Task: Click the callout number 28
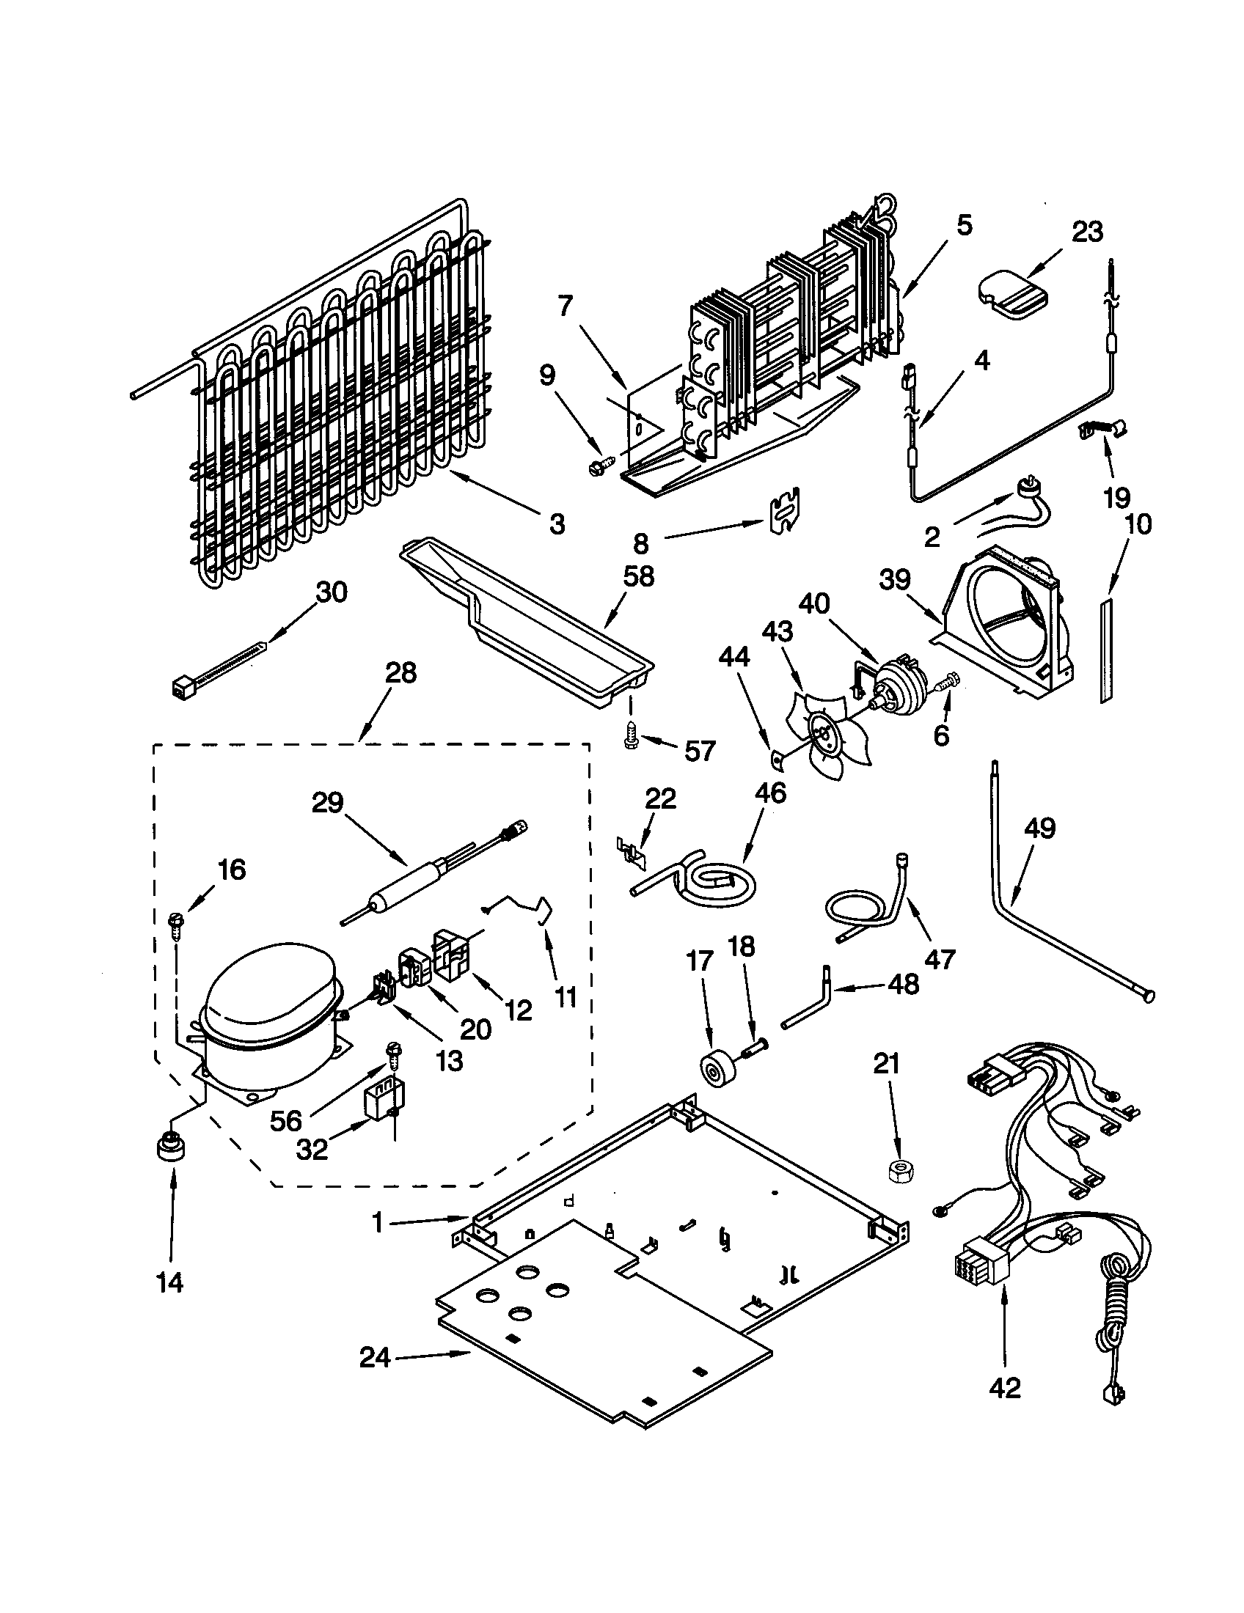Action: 400,674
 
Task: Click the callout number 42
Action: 1004,1388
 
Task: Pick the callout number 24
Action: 375,1357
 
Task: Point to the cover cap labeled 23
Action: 1017,296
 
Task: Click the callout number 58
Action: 638,576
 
